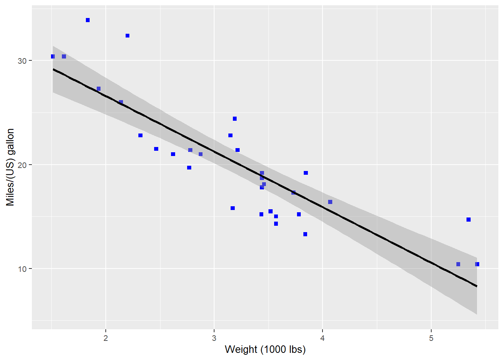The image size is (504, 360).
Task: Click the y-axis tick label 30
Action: [22, 61]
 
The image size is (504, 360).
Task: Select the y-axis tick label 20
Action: [22, 165]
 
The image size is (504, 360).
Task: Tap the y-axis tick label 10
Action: [22, 269]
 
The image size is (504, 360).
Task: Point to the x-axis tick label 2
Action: [106, 338]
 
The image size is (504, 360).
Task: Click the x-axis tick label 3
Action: [214, 338]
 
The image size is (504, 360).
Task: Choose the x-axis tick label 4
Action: [322, 338]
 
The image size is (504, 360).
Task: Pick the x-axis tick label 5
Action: [431, 338]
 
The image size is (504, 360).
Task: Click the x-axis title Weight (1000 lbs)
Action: [265, 349]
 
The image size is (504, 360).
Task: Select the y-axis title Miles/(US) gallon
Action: [10, 167]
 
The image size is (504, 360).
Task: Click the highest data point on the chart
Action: [88, 20]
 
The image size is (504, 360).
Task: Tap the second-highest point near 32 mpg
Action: [127, 36]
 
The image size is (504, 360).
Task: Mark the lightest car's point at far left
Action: [53, 57]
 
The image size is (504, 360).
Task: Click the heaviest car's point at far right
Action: [477, 264]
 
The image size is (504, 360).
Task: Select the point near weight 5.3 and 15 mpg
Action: [468, 220]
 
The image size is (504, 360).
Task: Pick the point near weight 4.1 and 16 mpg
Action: [330, 202]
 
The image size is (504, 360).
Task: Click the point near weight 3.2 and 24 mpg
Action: [235, 119]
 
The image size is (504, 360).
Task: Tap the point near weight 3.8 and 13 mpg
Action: [305, 234]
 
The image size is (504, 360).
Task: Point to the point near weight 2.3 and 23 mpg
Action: [140, 135]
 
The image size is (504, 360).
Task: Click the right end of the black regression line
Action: [477, 286]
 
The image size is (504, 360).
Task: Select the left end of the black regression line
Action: [53, 69]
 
